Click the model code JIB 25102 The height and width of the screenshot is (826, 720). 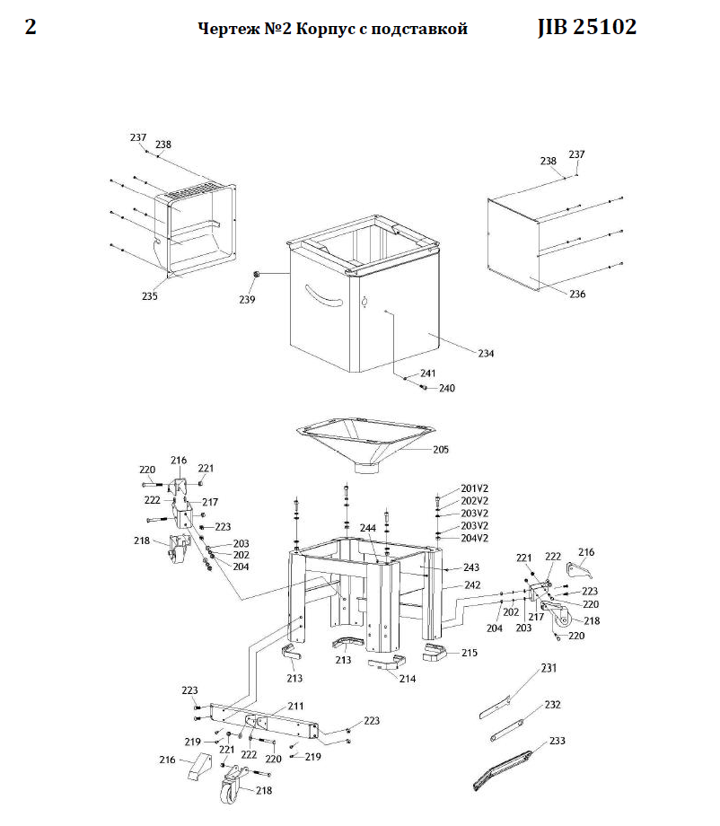[x=587, y=28]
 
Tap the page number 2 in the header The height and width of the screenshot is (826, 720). [x=31, y=28]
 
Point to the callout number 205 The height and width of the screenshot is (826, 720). [x=441, y=449]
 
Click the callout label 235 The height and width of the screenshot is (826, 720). [x=149, y=296]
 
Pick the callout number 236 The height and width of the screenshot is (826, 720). [x=576, y=294]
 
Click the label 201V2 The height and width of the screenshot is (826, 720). [x=474, y=488]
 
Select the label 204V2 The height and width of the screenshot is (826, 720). [x=474, y=538]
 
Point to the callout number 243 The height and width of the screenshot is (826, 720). [x=471, y=567]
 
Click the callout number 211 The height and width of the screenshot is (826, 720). [x=296, y=707]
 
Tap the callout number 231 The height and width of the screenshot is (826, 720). [x=549, y=668]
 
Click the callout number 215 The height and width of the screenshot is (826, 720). [x=469, y=653]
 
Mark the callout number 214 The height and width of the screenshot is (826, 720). [x=408, y=679]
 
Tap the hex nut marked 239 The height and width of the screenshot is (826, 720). [x=257, y=274]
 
